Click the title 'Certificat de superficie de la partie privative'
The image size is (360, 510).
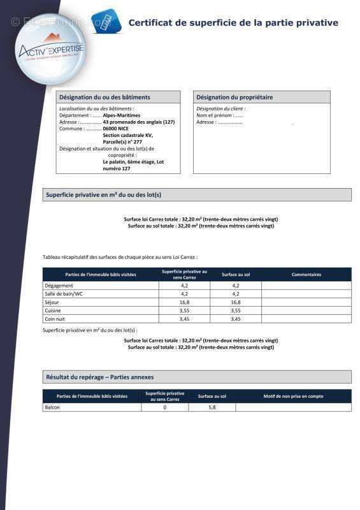click(233, 23)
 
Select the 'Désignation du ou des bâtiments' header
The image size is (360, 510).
click(104, 98)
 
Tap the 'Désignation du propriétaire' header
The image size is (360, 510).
click(234, 98)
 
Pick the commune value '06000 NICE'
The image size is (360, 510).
click(115, 128)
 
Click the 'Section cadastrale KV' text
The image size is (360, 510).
click(128, 135)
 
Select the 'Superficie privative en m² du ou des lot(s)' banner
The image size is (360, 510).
click(108, 194)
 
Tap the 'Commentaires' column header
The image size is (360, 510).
click(306, 275)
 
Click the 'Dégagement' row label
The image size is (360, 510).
click(59, 286)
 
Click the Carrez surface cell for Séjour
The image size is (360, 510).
click(184, 302)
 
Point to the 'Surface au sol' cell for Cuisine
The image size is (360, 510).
click(235, 310)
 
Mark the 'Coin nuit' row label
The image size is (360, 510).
click(55, 319)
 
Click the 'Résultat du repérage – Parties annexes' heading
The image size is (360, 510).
click(99, 377)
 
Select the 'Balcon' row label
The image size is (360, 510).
click(52, 407)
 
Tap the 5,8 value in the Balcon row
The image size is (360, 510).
click(212, 407)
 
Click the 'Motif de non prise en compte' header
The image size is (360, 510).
click(293, 397)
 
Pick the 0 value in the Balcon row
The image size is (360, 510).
click(165, 407)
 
